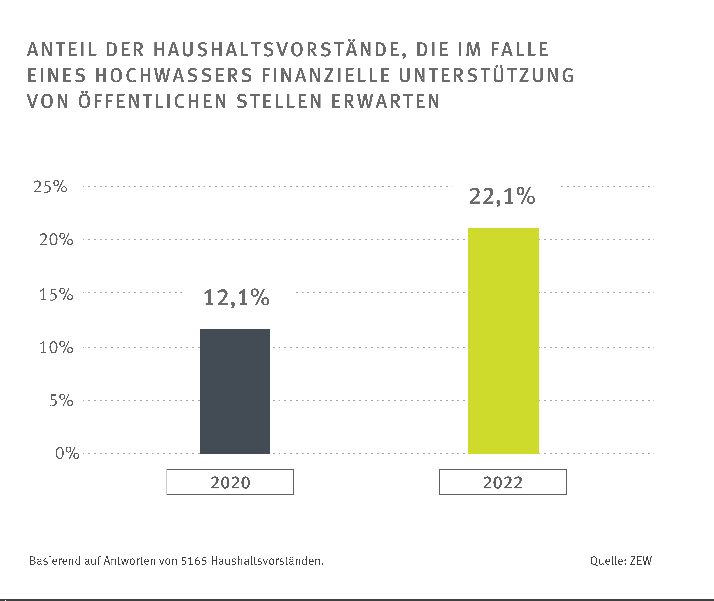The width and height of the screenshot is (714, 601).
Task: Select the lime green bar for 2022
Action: click(x=503, y=341)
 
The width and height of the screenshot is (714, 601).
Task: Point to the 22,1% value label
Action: click(x=502, y=197)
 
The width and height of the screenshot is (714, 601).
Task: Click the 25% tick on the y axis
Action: click(x=50, y=187)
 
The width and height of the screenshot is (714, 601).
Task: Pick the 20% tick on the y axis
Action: click(x=56, y=240)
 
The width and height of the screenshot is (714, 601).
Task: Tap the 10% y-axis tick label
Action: click(x=56, y=348)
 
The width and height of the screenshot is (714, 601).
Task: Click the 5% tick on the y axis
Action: click(x=61, y=400)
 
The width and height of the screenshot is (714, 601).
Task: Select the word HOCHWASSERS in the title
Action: click(x=174, y=76)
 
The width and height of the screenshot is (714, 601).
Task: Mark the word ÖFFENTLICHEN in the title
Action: click(x=153, y=102)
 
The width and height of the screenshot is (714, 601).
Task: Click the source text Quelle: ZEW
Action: click(x=621, y=561)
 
